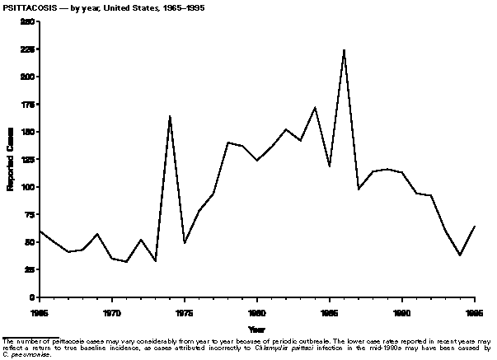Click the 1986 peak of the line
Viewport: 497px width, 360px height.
tap(344, 50)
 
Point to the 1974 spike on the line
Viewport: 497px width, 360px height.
tap(170, 116)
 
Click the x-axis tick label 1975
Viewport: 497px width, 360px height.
tap(185, 313)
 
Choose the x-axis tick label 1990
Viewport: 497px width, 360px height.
tap(402, 313)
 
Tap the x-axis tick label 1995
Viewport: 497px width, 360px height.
tap(475, 313)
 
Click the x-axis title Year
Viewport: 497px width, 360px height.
tap(256, 329)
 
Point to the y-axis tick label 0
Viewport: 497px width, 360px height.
tap(32, 297)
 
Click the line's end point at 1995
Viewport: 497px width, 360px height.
tap(475, 226)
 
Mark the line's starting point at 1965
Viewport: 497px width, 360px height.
tap(40, 231)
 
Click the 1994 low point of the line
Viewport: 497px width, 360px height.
tap(460, 255)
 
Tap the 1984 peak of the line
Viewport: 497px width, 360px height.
tap(315, 107)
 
